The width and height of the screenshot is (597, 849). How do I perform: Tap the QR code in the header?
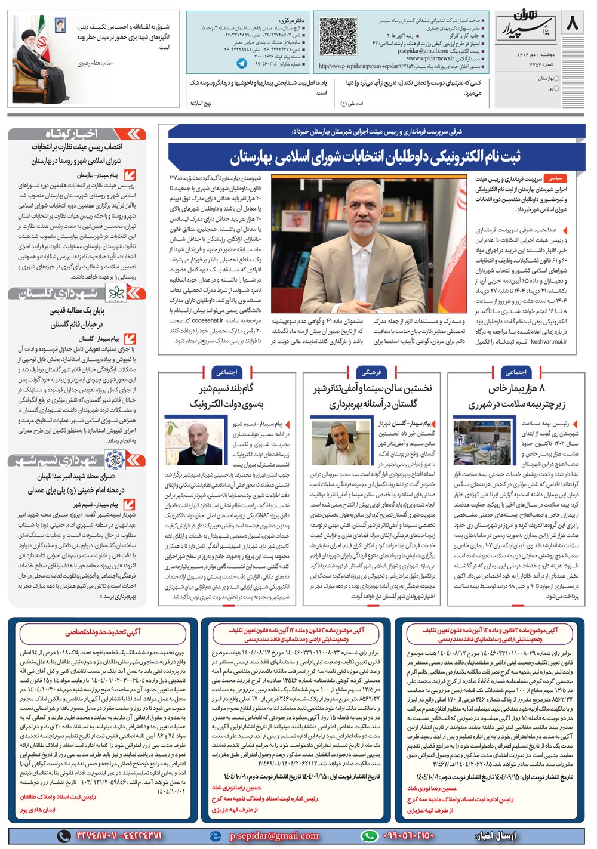(x=337, y=36)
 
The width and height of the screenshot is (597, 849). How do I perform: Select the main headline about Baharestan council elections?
(x=375, y=158)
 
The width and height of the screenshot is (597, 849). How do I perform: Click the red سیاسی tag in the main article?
(x=555, y=178)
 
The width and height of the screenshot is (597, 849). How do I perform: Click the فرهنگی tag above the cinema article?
(x=371, y=372)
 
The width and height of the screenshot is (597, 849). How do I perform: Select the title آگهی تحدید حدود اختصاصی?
(x=103, y=632)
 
